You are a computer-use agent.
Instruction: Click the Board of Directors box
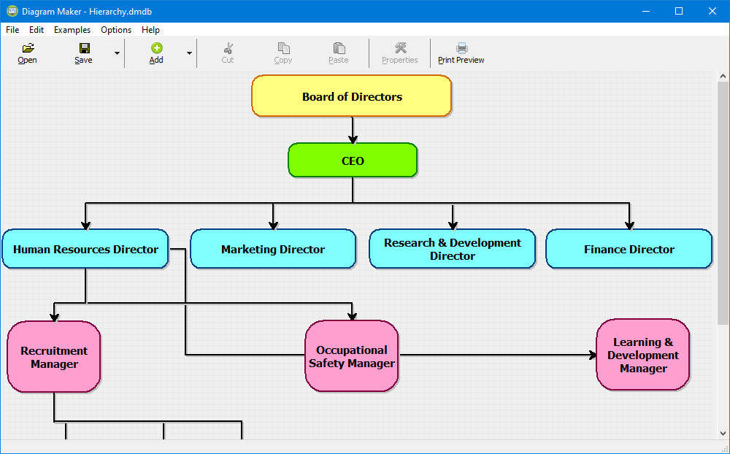click(352, 96)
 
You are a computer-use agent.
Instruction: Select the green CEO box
click(353, 160)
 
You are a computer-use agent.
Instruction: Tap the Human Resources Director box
click(85, 249)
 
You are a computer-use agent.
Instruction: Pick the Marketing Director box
click(273, 249)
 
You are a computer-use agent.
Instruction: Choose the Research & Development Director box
click(452, 249)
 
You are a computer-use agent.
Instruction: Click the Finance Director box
click(629, 249)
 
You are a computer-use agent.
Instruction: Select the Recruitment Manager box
click(54, 357)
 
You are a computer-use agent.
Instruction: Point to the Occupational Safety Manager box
click(352, 356)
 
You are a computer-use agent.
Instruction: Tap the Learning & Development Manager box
click(643, 355)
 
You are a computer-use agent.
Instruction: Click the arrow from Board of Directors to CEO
click(353, 130)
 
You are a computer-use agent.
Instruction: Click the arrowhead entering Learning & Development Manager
click(592, 355)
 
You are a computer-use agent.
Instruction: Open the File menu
click(12, 30)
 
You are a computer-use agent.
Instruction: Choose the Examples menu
click(72, 30)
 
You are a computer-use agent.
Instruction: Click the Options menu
click(116, 30)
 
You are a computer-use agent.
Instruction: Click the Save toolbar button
click(84, 53)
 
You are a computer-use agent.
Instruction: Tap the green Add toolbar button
click(156, 53)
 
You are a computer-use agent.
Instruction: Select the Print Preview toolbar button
click(461, 53)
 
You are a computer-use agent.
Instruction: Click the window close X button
click(712, 11)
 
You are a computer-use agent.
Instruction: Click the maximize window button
click(679, 11)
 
